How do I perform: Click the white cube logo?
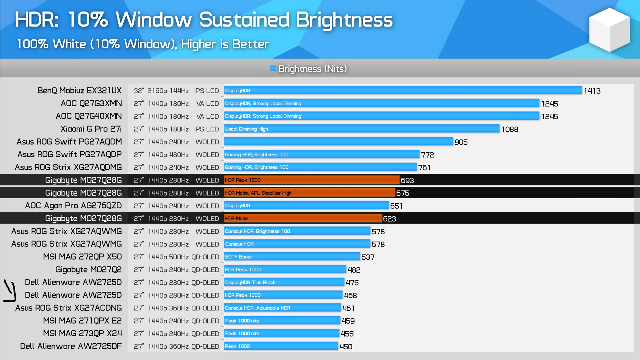pos(609,30)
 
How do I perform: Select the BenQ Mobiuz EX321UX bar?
pos(403,90)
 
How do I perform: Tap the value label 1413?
pos(592,91)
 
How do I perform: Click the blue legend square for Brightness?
pos(273,68)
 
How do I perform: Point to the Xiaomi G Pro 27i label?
pos(91,129)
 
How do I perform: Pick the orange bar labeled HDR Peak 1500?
pos(312,180)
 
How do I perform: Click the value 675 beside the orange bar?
pos(403,193)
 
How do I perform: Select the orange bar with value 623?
pos(303,218)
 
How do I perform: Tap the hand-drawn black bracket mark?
pos(10,290)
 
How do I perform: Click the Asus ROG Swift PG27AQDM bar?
pos(338,142)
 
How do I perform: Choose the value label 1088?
pos(510,129)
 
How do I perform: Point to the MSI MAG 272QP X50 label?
pos(82,257)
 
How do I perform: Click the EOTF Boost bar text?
pos(238,257)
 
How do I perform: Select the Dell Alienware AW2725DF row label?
pos(71,346)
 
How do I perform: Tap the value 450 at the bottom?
pos(346,347)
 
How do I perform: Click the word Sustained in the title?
pos(244,20)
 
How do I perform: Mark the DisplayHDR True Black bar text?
pos(250,282)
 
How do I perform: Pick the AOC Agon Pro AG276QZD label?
pos(73,206)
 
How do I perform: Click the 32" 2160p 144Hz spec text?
pos(161,91)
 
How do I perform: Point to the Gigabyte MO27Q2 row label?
pos(88,269)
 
